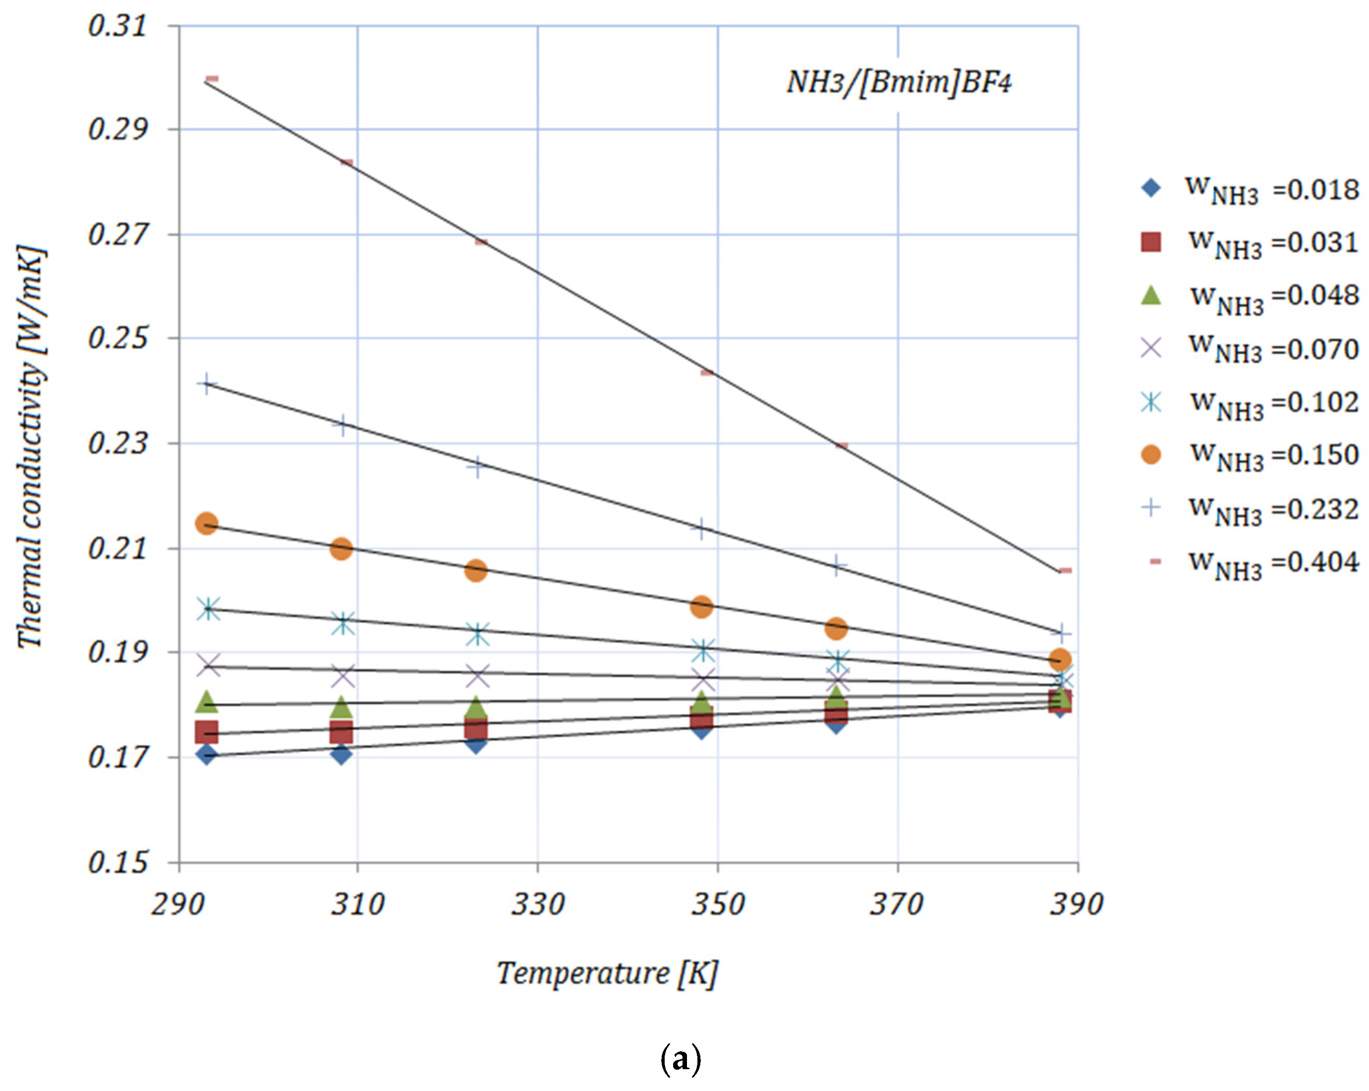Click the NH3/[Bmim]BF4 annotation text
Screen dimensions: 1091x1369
[898, 82]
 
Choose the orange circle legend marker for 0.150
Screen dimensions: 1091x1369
[1151, 455]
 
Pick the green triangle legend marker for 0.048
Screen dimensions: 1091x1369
[1151, 295]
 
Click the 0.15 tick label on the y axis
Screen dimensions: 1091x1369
[118, 862]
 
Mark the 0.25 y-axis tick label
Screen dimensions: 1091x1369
[118, 338]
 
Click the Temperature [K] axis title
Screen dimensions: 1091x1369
[607, 973]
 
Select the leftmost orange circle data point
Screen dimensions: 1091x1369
[207, 523]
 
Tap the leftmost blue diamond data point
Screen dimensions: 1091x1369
[207, 754]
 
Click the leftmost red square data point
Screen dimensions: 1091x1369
[207, 732]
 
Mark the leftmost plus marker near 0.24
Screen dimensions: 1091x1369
[207, 384]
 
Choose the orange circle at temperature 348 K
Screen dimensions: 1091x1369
[701, 607]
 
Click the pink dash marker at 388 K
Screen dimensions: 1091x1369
[1065, 571]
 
